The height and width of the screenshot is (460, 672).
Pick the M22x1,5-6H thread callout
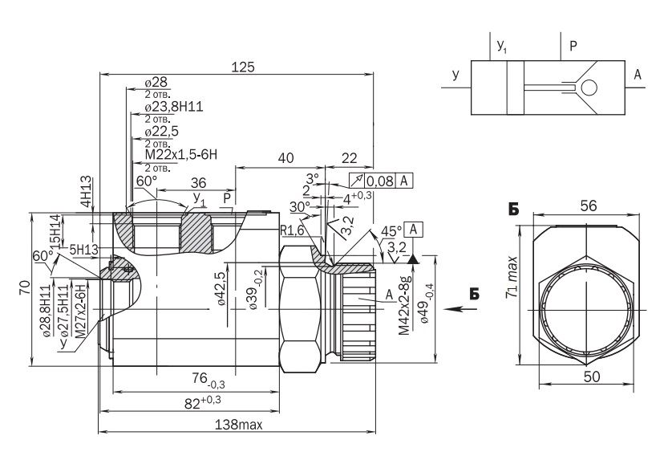[x=181, y=154]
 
